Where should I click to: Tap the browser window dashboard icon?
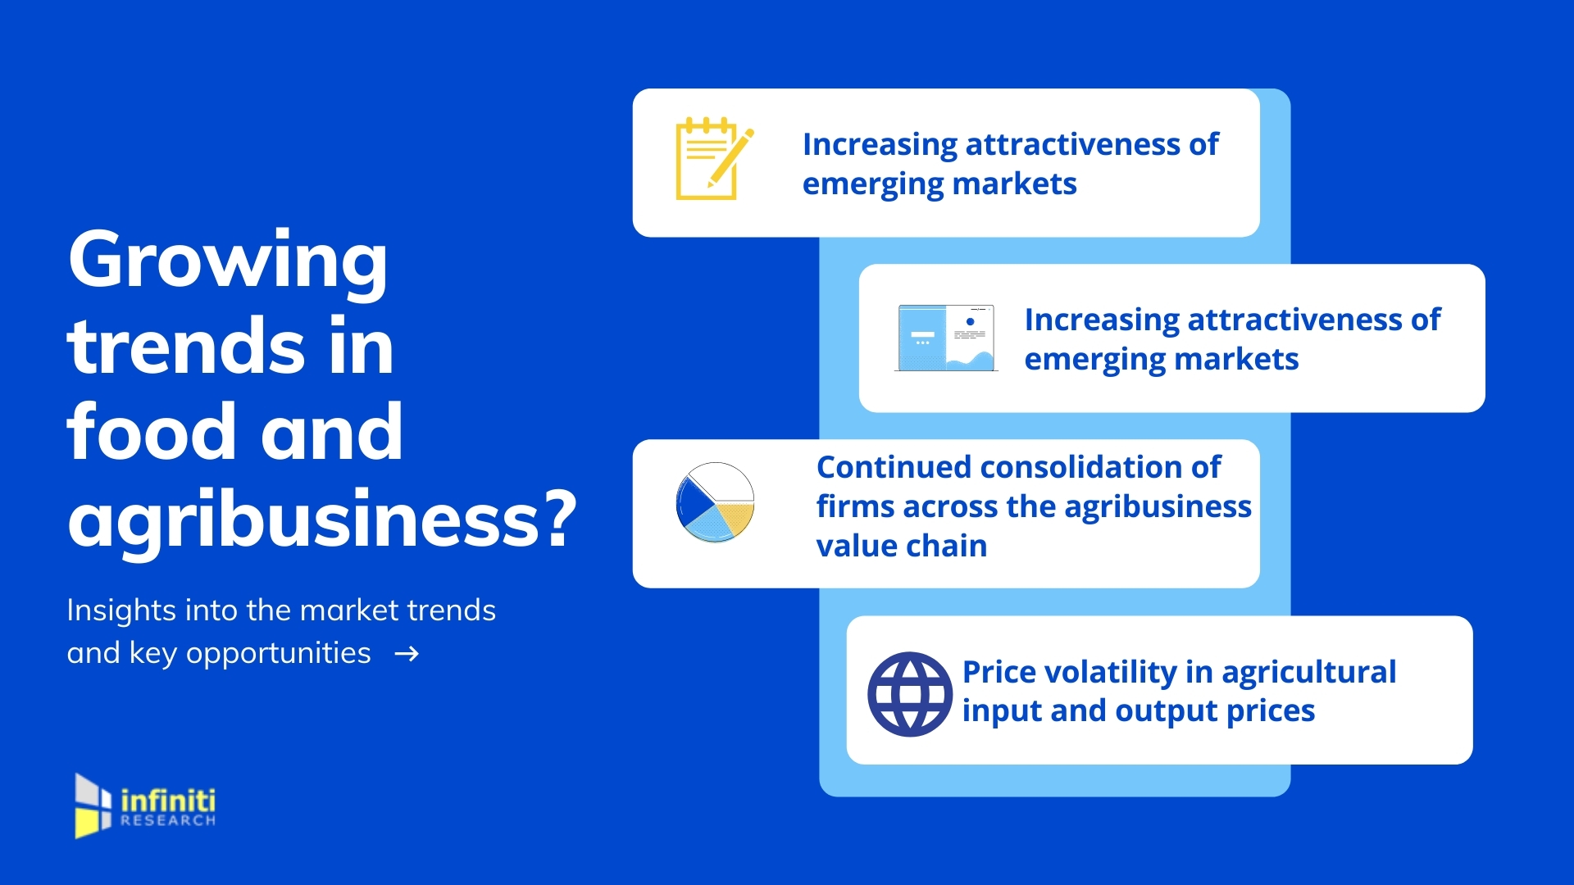tap(946, 338)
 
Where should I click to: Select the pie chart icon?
tap(715, 501)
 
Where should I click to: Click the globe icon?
tap(909, 694)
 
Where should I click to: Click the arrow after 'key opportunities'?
tap(407, 654)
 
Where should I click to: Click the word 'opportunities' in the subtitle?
tap(278, 655)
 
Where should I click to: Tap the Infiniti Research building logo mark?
tap(93, 806)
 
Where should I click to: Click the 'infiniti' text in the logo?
tap(168, 800)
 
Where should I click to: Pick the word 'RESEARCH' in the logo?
tap(168, 820)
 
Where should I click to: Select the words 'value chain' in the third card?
tap(902, 546)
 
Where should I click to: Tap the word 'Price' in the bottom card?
tap(998, 672)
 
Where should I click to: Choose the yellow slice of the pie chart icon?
tap(735, 518)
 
